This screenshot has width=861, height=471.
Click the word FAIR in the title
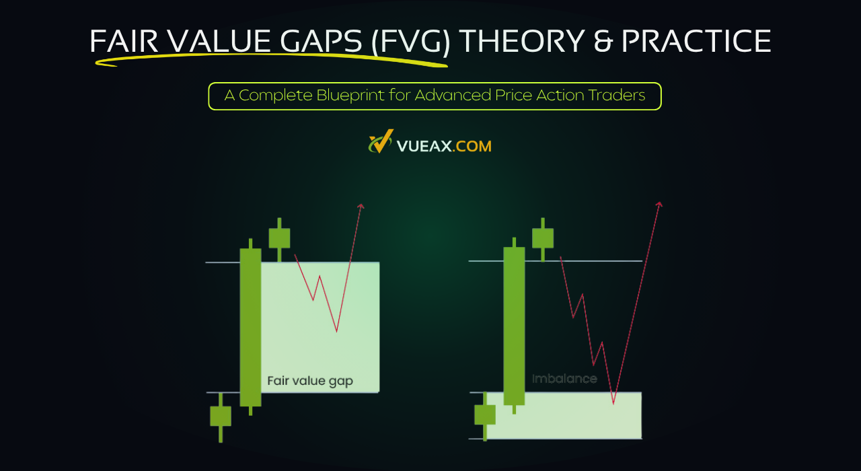(124, 42)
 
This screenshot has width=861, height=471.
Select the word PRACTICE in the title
(696, 42)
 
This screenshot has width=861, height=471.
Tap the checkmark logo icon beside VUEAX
(380, 143)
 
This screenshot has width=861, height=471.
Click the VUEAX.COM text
(444, 145)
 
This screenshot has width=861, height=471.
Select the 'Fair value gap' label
(310, 381)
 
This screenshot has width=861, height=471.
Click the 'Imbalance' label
(564, 379)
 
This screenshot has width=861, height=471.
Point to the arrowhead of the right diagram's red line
(659, 205)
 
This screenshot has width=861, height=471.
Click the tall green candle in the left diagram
(250, 327)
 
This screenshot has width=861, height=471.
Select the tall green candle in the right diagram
(514, 326)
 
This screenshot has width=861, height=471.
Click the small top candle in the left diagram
(279, 238)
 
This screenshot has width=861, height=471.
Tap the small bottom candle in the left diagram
(221, 416)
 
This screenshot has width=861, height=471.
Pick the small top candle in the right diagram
(543, 238)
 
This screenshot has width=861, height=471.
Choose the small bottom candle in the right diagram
(485, 414)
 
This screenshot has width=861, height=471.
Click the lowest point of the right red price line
(613, 403)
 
